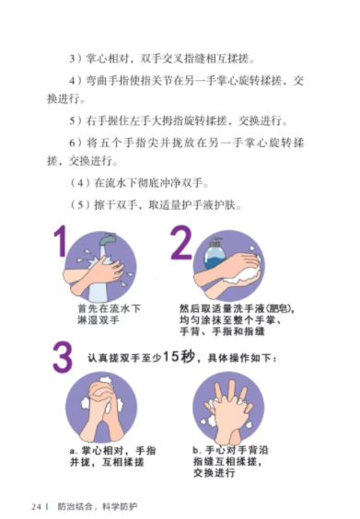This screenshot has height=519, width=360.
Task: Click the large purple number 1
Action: pyautogui.click(x=60, y=241)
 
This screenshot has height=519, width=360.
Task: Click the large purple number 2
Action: pyautogui.click(x=180, y=242)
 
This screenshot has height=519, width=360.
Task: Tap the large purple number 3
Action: pyautogui.click(x=63, y=357)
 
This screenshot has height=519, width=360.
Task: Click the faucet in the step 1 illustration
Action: pyautogui.click(x=107, y=239)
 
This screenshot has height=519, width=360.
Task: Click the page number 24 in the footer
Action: pyautogui.click(x=37, y=507)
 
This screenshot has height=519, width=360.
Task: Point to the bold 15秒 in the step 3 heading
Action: pyautogui.click(x=180, y=356)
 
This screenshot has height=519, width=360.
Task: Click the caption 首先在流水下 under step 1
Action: pyautogui.click(x=109, y=308)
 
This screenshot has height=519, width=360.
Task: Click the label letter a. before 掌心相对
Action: pyautogui.click(x=75, y=451)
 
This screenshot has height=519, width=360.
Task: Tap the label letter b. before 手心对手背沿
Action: pyautogui.click(x=197, y=450)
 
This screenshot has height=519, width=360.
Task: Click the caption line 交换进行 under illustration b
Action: pyautogui.click(x=214, y=472)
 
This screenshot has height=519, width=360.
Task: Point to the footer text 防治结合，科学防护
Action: pyautogui.click(x=97, y=507)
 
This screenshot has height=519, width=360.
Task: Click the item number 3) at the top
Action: pyautogui.click(x=75, y=59)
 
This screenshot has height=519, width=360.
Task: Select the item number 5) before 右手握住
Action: pyautogui.click(x=75, y=121)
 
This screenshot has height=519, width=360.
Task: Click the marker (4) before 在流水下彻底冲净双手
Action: pyautogui.click(x=80, y=183)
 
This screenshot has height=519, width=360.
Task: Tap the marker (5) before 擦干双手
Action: pyautogui.click(x=80, y=205)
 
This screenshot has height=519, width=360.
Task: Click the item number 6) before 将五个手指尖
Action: pyautogui.click(x=75, y=143)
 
